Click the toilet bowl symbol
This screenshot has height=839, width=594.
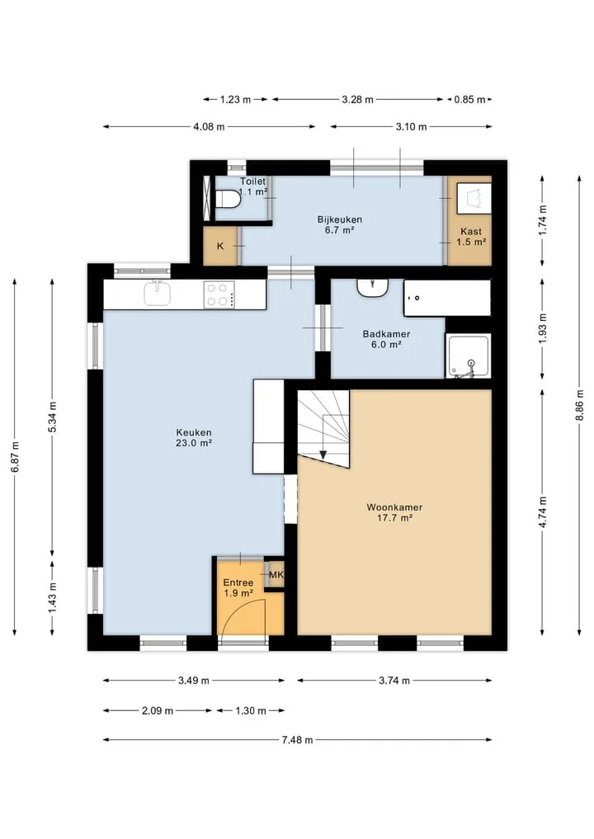pyautogui.click(x=227, y=199)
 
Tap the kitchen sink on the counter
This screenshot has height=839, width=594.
pyautogui.click(x=158, y=293)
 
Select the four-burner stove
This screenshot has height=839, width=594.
pyautogui.click(x=219, y=295)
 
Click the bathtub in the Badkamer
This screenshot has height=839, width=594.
pyautogui.click(x=447, y=298)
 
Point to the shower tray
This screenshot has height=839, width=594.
pyautogui.click(x=468, y=356)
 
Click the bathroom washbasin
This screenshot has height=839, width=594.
pyautogui.click(x=373, y=288)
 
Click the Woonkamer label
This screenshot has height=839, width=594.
pyautogui.click(x=394, y=507)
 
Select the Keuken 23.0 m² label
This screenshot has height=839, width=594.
pyautogui.click(x=194, y=438)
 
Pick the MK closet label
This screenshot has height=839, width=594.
pyautogui.click(x=276, y=575)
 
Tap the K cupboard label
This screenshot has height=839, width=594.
pyautogui.click(x=220, y=247)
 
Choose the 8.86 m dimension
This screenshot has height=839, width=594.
pyautogui.click(x=579, y=405)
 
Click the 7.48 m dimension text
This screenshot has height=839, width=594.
pyautogui.click(x=298, y=740)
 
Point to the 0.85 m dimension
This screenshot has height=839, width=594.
pyautogui.click(x=469, y=100)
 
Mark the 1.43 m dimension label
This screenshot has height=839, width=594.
pyautogui.click(x=53, y=598)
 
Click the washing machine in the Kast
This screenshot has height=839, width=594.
pyautogui.click(x=474, y=197)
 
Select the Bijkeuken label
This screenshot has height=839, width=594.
pyautogui.click(x=340, y=219)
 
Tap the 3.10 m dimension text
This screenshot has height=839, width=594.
pyautogui.click(x=412, y=127)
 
